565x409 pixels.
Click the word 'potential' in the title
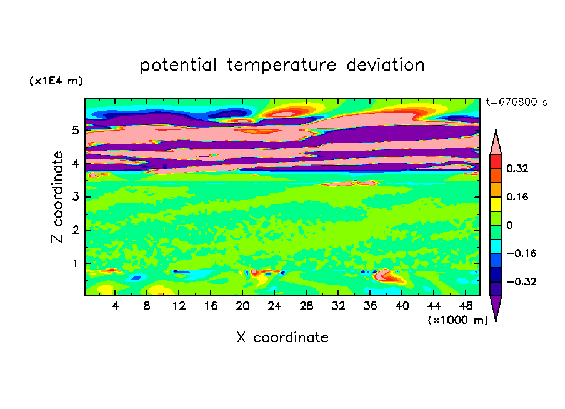178,66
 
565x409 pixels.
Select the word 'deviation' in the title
386,65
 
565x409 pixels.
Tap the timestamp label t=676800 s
517,103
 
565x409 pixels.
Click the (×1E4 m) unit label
56,81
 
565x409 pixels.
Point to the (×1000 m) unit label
457,320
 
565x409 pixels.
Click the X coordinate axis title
282,338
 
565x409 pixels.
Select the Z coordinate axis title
57,197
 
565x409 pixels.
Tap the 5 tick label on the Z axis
76,130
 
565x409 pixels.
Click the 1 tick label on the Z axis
75,263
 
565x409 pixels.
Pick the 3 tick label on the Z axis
76,197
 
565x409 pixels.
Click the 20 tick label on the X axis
243,306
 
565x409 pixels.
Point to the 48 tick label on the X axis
466,306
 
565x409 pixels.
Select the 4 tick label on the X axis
115,306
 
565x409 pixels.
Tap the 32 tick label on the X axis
338,306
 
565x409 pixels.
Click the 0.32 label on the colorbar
517,168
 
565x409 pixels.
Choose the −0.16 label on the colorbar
521,253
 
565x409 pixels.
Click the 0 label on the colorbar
509,225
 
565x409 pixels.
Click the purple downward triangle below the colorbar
496,307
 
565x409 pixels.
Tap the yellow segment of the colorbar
496,204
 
